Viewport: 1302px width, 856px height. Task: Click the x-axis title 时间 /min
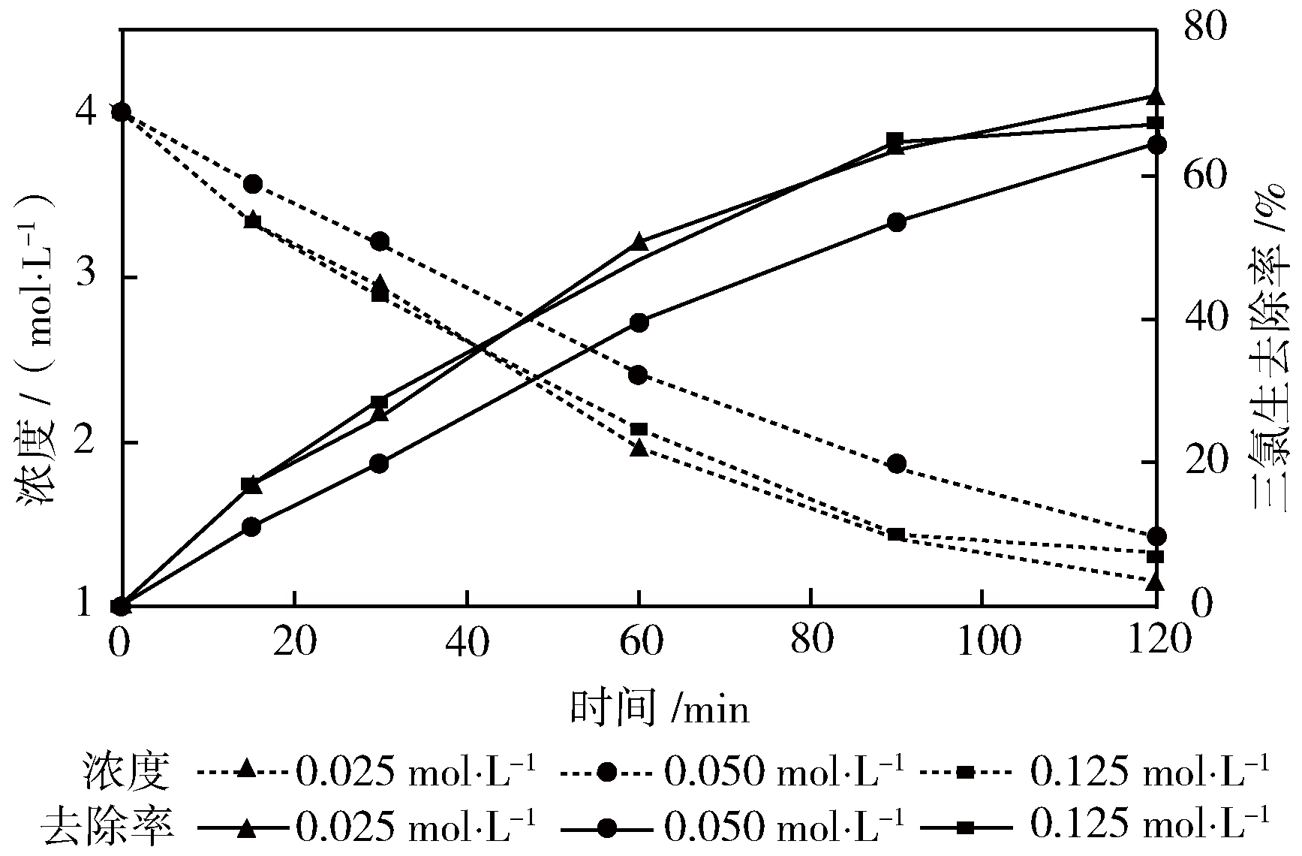659,708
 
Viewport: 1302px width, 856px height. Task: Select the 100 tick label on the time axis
982,643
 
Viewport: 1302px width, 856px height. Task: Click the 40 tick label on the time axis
468,643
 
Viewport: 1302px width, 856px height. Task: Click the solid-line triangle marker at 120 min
1156,97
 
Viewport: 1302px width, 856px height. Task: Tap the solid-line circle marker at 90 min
896,222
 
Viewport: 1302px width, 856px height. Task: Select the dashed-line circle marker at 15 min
253,184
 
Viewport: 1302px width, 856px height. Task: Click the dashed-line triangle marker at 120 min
1156,582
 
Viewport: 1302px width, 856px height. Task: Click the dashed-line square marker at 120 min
1156,556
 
